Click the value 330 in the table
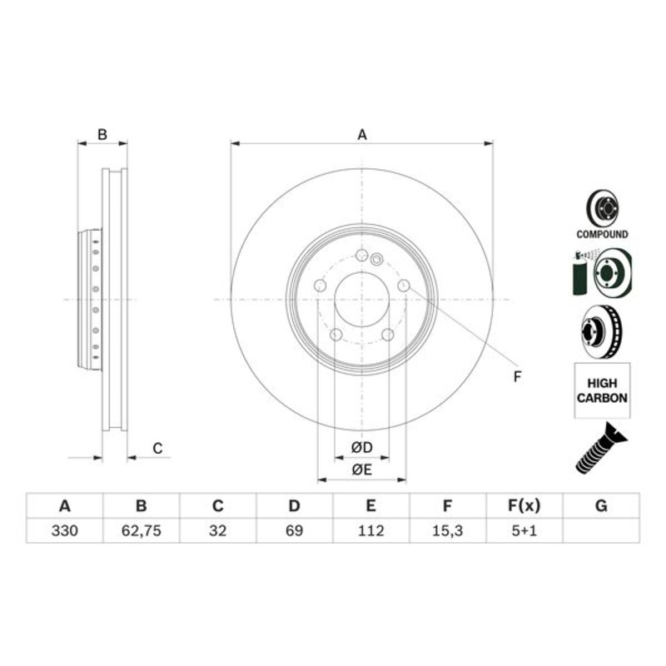point(64,530)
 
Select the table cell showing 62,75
point(141,530)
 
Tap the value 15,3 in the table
point(447,530)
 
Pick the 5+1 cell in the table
point(524,530)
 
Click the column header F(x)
point(524,506)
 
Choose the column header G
point(601,506)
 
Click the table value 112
point(370,530)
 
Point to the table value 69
point(294,530)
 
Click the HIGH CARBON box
point(602,390)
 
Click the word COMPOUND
point(602,235)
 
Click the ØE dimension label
point(361,470)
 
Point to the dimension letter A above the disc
point(361,134)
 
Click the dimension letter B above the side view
point(102,134)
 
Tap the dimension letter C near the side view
point(157,449)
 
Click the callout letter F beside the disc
point(516,377)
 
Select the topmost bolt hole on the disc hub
point(361,256)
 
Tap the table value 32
point(217,530)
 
